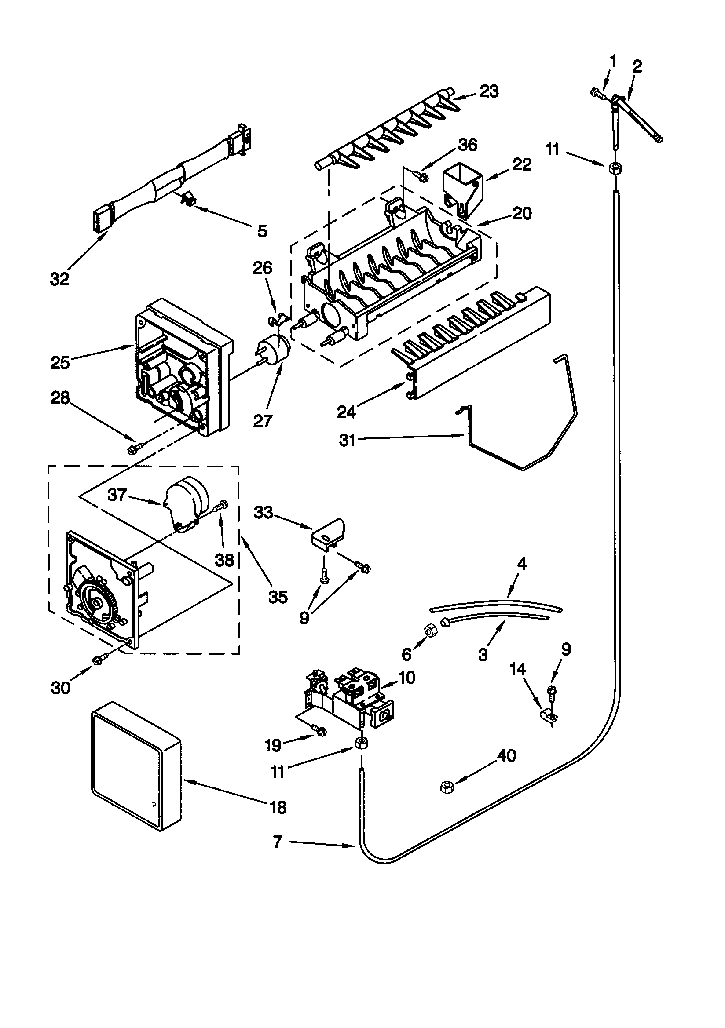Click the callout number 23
click(489, 91)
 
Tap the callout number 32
click(59, 279)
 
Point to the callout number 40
click(507, 756)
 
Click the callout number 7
click(278, 842)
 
